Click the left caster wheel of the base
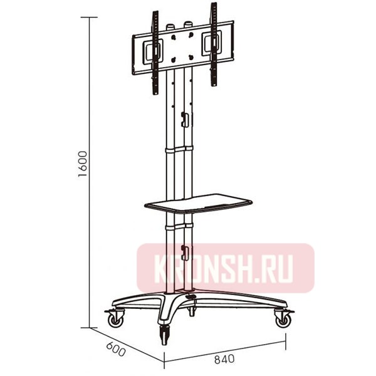click(x=115, y=320)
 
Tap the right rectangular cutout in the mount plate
click(x=208, y=44)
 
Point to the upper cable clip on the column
click(x=184, y=118)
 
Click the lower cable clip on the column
click(x=184, y=252)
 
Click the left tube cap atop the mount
click(x=170, y=28)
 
